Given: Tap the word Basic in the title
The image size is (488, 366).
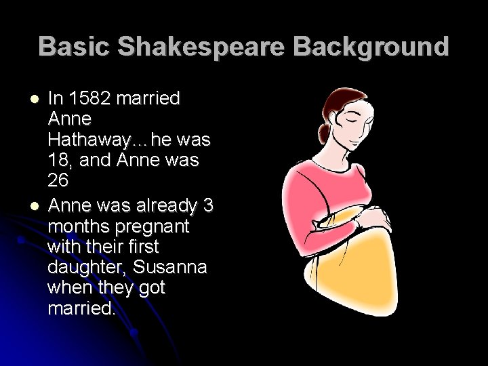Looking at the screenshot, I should click(75, 46).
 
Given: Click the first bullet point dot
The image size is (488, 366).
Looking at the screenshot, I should click(35, 99).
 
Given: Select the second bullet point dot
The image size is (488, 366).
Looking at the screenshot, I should click(35, 205).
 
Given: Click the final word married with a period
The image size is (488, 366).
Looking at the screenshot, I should click(82, 309).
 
